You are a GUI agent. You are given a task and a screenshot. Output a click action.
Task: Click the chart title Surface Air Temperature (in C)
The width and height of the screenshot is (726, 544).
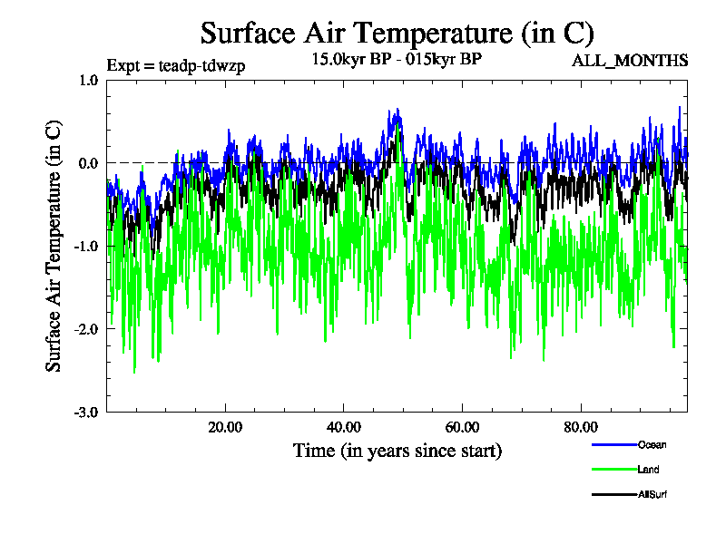click(x=397, y=34)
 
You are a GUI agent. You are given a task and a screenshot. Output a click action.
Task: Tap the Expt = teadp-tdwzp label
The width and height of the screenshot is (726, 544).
click(x=176, y=65)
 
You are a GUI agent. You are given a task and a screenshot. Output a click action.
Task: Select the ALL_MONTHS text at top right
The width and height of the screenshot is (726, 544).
click(x=629, y=61)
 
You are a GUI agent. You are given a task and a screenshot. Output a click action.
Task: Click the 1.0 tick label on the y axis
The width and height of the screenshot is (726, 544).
click(x=88, y=80)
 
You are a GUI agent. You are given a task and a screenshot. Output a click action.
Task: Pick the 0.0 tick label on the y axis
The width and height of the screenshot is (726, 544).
click(x=88, y=163)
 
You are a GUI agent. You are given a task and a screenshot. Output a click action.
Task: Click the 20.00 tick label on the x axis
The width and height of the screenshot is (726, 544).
click(x=225, y=428)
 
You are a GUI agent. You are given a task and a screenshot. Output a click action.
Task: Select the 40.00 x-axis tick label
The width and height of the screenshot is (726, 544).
click(x=344, y=428)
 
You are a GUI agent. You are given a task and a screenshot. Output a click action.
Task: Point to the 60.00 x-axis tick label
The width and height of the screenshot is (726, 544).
click(x=463, y=428)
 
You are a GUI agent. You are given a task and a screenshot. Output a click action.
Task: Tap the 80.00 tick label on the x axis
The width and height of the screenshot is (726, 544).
click(x=582, y=428)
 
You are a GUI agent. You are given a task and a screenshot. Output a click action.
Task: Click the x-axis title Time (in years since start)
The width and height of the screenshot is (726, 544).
click(x=397, y=451)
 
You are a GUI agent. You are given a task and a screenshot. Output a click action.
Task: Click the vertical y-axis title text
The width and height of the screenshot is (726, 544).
click(x=55, y=245)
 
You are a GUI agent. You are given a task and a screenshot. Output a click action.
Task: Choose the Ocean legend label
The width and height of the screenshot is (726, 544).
click(x=652, y=444)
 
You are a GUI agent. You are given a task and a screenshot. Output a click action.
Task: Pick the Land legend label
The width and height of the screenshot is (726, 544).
click(x=648, y=470)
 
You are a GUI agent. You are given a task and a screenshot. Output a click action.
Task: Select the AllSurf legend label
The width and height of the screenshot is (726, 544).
click(x=652, y=494)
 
